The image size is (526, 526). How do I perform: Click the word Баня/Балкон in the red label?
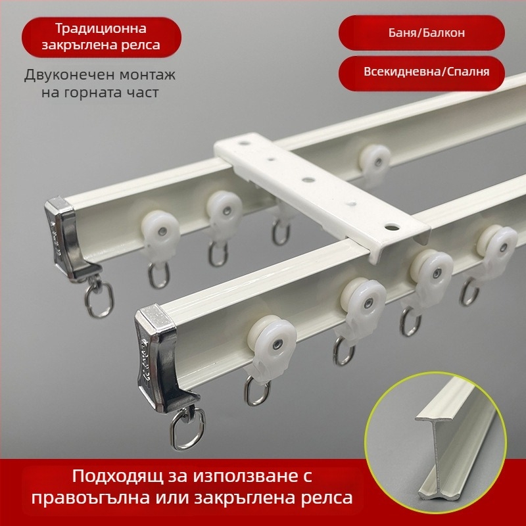point(426,32)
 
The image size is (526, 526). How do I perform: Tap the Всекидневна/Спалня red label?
point(421,74)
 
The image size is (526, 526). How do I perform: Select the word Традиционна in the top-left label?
point(101,28)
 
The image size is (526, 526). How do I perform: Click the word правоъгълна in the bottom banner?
point(91,498)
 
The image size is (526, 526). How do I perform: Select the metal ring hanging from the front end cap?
point(187,429)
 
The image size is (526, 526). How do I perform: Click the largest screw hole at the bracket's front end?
point(391,227)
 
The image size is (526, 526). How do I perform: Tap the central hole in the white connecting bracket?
point(308,179)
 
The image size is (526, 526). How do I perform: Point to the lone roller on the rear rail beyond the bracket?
point(375,161)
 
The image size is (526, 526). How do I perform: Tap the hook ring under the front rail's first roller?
point(256,391)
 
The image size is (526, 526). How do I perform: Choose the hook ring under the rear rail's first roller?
point(158,275)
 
